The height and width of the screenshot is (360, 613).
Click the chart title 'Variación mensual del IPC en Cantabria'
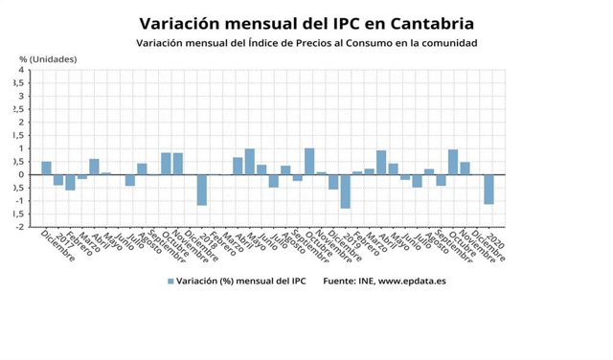click(306, 22)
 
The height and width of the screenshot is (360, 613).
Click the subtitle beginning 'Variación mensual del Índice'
click(306, 44)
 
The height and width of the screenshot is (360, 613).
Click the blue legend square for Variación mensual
click(171, 281)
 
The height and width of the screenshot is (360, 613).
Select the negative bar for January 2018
click(201, 190)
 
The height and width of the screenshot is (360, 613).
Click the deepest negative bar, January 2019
click(345, 191)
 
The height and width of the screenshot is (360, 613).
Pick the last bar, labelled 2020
click(488, 189)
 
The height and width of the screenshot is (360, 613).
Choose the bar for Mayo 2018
click(249, 162)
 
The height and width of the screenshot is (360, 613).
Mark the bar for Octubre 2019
click(452, 162)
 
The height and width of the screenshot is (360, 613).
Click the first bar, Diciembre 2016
click(46, 168)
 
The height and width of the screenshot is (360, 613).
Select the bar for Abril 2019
click(381, 163)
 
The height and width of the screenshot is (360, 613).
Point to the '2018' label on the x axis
click(207, 238)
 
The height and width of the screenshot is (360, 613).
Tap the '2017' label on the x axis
click(63, 238)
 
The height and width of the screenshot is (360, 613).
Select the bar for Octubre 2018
click(309, 161)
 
